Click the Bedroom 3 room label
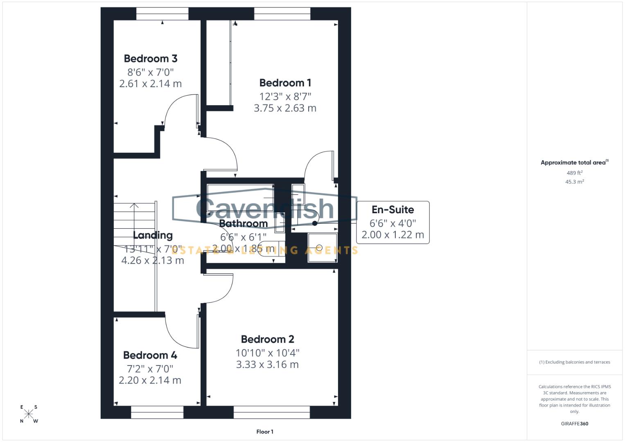pyautogui.click(x=150, y=59)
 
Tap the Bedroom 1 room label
pyautogui.click(x=285, y=83)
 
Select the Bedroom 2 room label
pyautogui.click(x=267, y=339)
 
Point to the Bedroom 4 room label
pyautogui.click(x=150, y=355)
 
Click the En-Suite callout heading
pyautogui.click(x=393, y=210)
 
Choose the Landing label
pyautogui.click(x=153, y=235)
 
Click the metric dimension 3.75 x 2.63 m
pyautogui.click(x=285, y=108)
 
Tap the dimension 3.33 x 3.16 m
pyautogui.click(x=267, y=364)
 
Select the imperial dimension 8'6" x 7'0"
pyautogui.click(x=150, y=72)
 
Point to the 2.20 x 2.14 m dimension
pyautogui.click(x=150, y=380)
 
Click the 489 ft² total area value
pyautogui.click(x=574, y=173)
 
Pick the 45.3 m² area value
pyautogui.click(x=574, y=182)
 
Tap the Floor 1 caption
pyautogui.click(x=264, y=432)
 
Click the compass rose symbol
pyautogui.click(x=29, y=414)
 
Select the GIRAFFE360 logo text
pyautogui.click(x=574, y=424)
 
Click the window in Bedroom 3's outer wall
pyautogui.click(x=162, y=14)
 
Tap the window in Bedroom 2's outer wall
pyautogui.click(x=272, y=413)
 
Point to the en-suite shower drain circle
pyautogui.click(x=319, y=248)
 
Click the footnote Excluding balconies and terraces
pyautogui.click(x=574, y=362)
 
